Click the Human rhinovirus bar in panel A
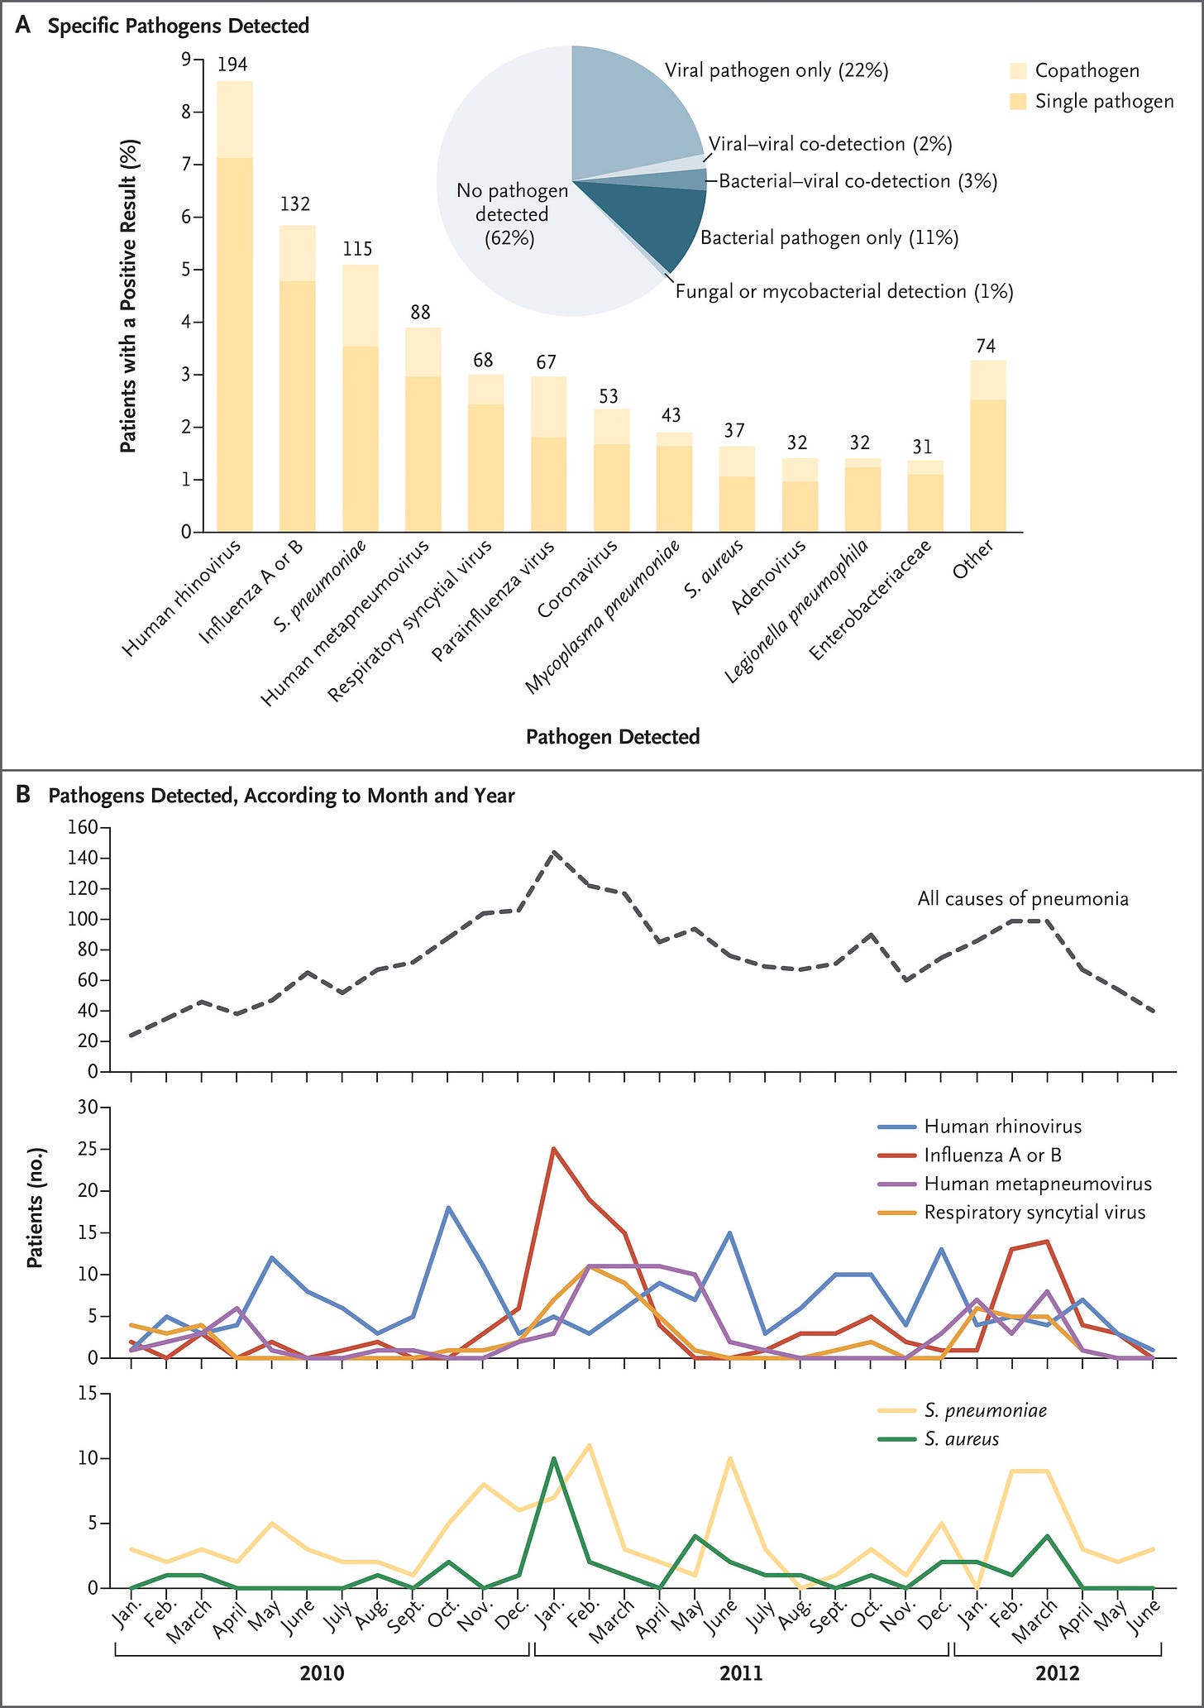[x=234, y=331]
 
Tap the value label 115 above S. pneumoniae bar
[x=358, y=249]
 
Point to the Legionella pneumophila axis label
[x=797, y=612]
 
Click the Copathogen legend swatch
[x=1019, y=71]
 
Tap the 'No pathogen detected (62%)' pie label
[x=512, y=214]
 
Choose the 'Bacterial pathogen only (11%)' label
[x=829, y=238]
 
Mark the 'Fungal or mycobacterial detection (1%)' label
[x=844, y=291]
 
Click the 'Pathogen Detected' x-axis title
[x=613, y=737]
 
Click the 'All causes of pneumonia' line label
[x=1023, y=899]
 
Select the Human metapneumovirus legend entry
[x=1037, y=1184]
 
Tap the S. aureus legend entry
[x=961, y=1439]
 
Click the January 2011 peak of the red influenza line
[x=553, y=1149]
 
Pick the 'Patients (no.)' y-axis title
[x=35, y=1208]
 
